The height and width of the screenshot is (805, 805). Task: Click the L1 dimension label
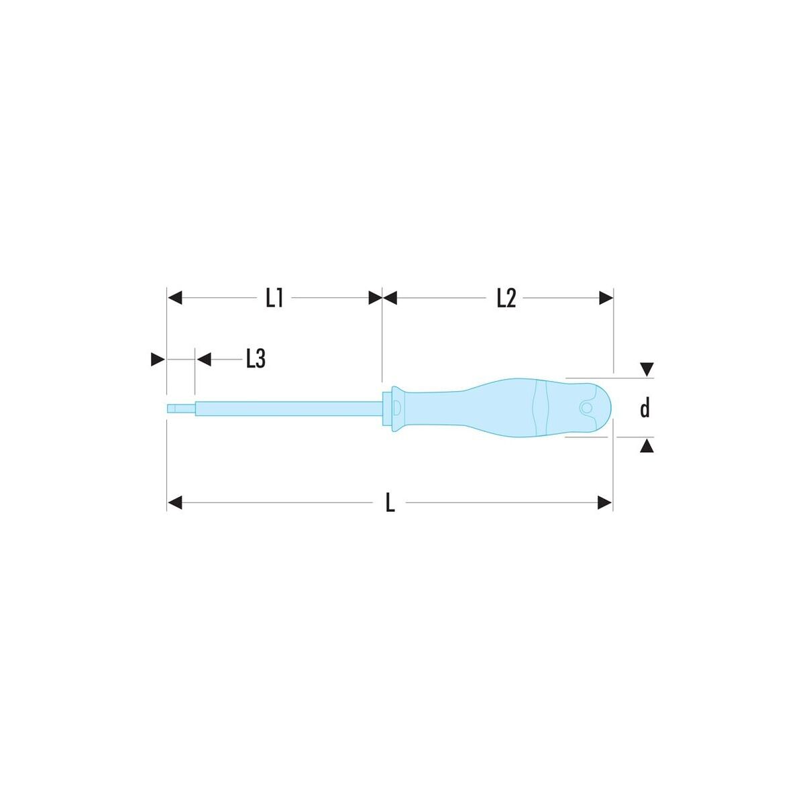tap(274, 299)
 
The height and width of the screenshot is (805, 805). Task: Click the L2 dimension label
tap(506, 299)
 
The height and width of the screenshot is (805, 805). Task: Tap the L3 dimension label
tap(256, 359)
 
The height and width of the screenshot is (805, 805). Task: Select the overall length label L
tap(390, 503)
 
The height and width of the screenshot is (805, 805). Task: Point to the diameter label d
tap(645, 408)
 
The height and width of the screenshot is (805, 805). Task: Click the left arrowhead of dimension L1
tap(174, 299)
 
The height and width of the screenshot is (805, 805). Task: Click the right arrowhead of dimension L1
tap(375, 299)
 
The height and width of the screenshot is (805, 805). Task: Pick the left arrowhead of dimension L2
tap(389, 299)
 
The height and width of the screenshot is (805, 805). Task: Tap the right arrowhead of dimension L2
tap(606, 299)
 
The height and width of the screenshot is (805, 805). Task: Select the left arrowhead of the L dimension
tap(174, 503)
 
